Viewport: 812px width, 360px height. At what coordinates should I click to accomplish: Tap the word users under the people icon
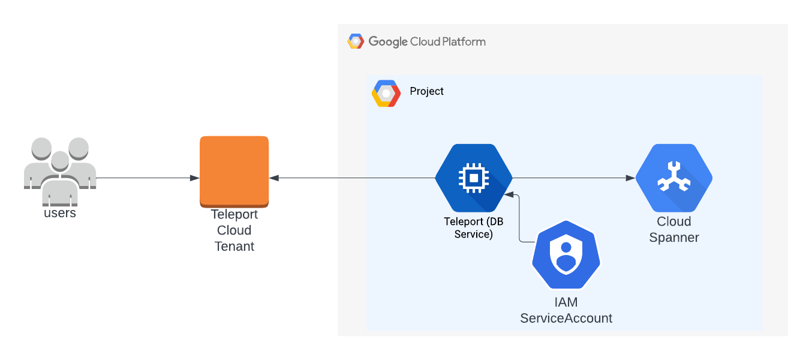pos(59,213)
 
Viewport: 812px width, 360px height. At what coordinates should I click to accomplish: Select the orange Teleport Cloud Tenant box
pos(234,171)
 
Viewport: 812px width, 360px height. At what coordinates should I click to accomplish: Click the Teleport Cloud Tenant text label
pos(234,230)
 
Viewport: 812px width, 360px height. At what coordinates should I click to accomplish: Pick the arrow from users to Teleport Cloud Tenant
pos(147,178)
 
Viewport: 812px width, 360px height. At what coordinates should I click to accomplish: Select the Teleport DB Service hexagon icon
pos(473,178)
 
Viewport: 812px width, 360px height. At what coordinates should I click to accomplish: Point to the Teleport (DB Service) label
pos(473,228)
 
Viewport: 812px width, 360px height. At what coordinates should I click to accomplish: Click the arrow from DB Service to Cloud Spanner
pos(573,178)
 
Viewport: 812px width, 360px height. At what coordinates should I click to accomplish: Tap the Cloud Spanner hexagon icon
pos(673,178)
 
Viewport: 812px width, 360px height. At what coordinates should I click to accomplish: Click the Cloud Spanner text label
pos(674,230)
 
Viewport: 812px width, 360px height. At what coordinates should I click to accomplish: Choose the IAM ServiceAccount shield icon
pos(566,256)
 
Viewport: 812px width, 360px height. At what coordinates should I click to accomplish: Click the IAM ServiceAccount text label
pos(566,311)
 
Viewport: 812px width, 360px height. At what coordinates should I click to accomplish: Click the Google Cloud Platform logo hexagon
pos(356,41)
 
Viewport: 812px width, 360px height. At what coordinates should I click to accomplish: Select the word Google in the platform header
pos(387,41)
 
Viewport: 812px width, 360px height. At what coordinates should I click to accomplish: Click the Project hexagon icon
pos(386,94)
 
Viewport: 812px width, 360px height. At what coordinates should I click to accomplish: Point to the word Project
pos(426,91)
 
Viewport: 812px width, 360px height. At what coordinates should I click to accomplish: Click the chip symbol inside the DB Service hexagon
pos(473,178)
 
